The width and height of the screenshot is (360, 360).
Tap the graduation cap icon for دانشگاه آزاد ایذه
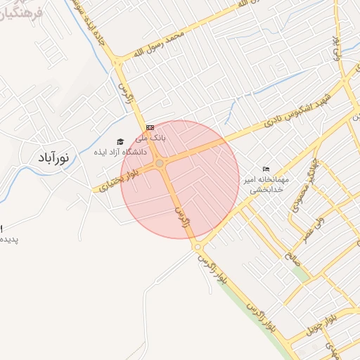pyautogui.click(x=120, y=142)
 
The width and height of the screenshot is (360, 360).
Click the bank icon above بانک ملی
pyautogui.click(x=149, y=127)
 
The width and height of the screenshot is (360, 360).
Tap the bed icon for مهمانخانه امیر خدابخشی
pyautogui.click(x=266, y=169)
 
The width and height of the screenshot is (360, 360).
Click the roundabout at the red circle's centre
pyautogui.click(x=160, y=164)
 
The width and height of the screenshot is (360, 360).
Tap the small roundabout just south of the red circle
pyautogui.click(x=197, y=247)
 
